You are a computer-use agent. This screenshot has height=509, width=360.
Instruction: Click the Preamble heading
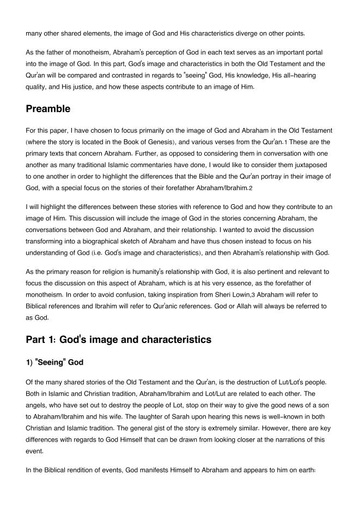coord(48,109)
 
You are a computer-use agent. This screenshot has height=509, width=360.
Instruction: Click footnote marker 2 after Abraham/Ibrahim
coord(250,188)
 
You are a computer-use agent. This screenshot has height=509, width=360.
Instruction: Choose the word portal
coord(320,52)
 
